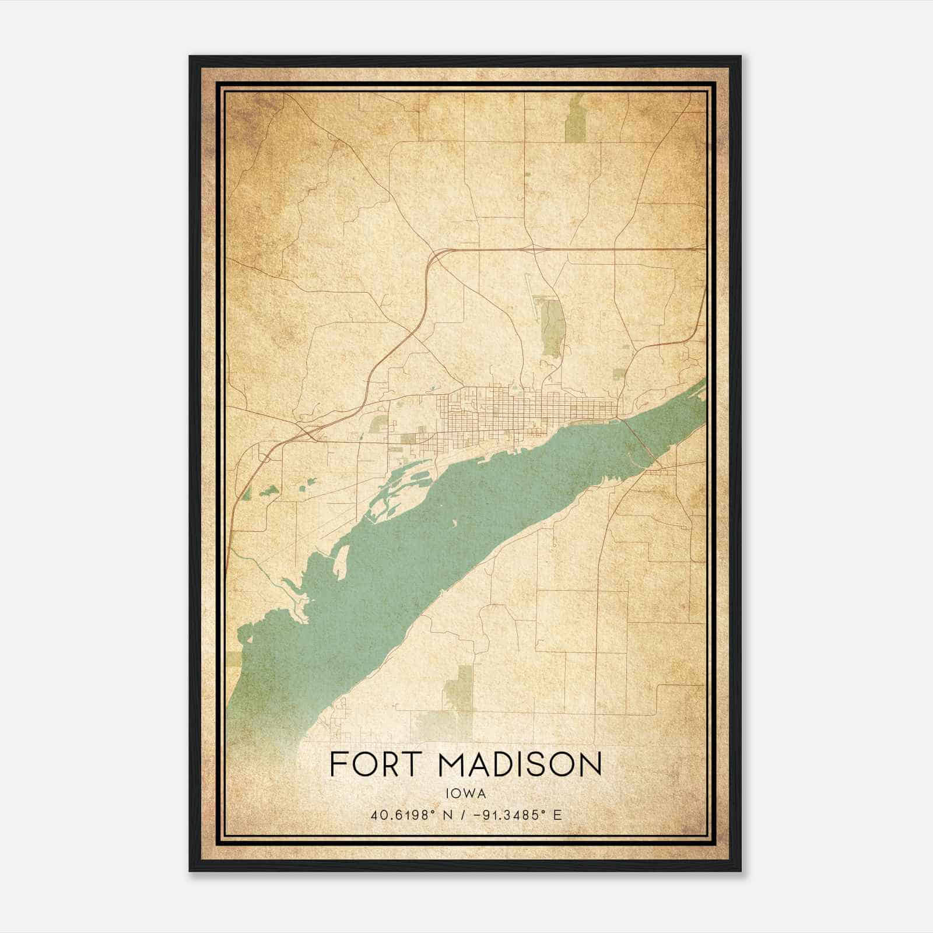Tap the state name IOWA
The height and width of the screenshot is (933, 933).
pos(466,793)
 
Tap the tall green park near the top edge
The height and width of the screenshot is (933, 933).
pos(575,120)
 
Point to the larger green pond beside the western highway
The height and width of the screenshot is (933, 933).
pos(269,492)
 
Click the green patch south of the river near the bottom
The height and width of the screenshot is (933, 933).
pos(461,688)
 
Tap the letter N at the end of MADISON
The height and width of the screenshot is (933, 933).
pos(590,764)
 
